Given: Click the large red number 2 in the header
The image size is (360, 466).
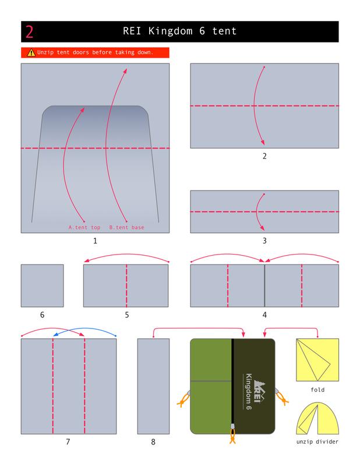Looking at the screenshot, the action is [x=29, y=32].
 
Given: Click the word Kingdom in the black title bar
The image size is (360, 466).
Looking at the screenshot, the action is [x=170, y=31].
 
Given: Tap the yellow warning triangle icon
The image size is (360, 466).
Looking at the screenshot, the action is [x=31, y=52].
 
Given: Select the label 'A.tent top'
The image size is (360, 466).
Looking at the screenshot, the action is [x=84, y=227].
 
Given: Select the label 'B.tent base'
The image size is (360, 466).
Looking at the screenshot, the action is [x=126, y=227].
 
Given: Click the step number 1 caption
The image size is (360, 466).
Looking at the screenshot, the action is [x=95, y=241].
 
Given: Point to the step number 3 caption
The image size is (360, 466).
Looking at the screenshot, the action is [x=264, y=241].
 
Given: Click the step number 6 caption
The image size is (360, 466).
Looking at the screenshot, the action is [x=42, y=315].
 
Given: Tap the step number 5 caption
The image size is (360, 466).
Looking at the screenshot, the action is [x=127, y=315].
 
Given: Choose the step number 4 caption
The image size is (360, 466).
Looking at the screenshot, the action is [x=264, y=315].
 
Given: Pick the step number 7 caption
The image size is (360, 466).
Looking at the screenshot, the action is [x=68, y=442].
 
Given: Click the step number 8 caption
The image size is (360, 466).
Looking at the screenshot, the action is [x=153, y=442].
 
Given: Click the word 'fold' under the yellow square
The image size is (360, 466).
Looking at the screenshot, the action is [x=317, y=390].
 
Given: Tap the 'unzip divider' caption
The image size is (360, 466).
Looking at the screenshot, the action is [x=317, y=442].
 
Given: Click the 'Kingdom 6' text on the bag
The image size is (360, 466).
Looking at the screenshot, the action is [x=249, y=391].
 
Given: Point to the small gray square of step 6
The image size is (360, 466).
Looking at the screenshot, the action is [x=42, y=285].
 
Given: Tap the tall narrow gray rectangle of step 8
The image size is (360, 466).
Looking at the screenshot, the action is [x=153, y=386].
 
